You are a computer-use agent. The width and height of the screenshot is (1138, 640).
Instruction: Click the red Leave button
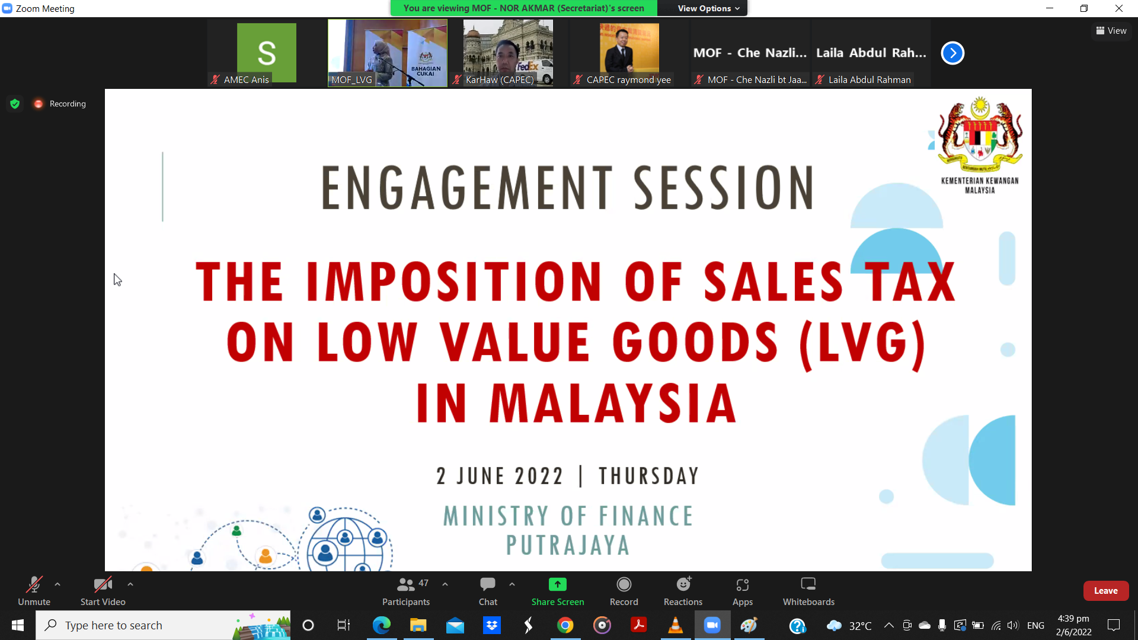coord(1105,591)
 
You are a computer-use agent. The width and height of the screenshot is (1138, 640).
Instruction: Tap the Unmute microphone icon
coord(34,584)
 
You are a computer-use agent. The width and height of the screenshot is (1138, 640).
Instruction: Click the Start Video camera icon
coord(103,584)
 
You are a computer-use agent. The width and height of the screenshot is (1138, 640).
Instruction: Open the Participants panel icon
coord(405,584)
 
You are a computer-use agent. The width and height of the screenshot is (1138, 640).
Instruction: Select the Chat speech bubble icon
coord(488,584)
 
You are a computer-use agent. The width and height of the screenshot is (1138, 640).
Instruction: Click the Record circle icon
coord(624,584)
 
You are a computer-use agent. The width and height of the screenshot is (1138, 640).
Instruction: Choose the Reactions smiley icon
coord(683,584)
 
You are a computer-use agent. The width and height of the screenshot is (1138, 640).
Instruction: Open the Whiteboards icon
coord(808,584)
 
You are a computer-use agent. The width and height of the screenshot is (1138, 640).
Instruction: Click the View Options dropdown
coord(708,8)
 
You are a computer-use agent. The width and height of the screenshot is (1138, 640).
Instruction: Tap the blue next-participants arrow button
coord(952,53)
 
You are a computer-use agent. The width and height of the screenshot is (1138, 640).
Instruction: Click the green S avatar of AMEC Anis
coord(267,52)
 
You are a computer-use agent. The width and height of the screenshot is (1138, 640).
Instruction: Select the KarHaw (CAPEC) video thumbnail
coord(508,53)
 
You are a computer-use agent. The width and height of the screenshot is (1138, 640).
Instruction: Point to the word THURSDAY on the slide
coord(648,476)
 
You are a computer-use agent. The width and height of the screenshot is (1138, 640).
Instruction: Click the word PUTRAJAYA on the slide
coord(568,545)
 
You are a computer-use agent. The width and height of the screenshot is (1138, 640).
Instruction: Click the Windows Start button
coord(18,625)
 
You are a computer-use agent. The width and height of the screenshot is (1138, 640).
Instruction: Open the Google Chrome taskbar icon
coord(565,625)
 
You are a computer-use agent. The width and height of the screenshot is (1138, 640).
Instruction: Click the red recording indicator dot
coord(39,104)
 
